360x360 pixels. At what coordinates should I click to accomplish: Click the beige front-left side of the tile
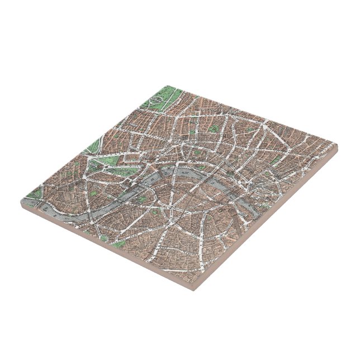click(106, 248)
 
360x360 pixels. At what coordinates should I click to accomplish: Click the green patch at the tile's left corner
click(33, 196)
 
